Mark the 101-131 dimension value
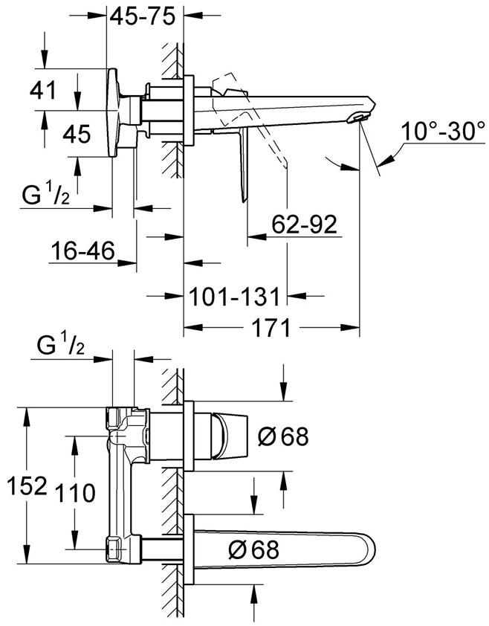tap(233, 297)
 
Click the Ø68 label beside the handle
tap(282, 436)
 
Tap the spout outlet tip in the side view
tap(362, 117)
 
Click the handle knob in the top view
tap(226, 436)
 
